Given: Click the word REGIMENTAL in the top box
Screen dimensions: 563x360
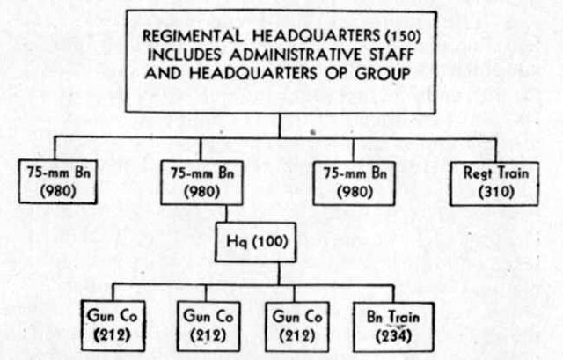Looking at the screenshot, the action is click(193, 36).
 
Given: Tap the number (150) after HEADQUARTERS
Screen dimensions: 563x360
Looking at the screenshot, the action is click(402, 36).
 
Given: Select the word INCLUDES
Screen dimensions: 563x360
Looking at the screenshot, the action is click(184, 55).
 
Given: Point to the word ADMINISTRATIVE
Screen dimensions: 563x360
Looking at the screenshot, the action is click(296, 55).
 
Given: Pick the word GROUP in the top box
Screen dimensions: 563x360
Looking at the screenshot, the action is click(383, 74).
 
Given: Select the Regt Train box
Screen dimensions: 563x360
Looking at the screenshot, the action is click(494, 184).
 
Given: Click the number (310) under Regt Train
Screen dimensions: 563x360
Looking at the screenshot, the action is click(496, 192).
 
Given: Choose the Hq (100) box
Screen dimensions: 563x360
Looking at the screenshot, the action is click(256, 242).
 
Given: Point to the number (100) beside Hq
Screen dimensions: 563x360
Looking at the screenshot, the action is click(270, 241).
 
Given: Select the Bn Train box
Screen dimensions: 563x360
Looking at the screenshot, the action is click(393, 327).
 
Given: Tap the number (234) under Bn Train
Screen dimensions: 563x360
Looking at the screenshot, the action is click(393, 336).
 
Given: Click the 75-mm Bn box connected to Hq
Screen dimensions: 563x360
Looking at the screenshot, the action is click(201, 183).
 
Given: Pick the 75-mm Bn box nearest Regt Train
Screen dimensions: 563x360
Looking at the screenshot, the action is click(354, 184).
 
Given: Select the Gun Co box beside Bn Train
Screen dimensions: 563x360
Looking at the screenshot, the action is click(297, 327).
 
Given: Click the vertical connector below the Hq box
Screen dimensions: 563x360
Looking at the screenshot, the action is click(279, 273).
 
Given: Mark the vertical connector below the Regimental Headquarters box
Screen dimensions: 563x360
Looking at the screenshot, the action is click(280, 125).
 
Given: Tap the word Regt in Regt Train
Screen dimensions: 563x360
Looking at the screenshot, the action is click(477, 173).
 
